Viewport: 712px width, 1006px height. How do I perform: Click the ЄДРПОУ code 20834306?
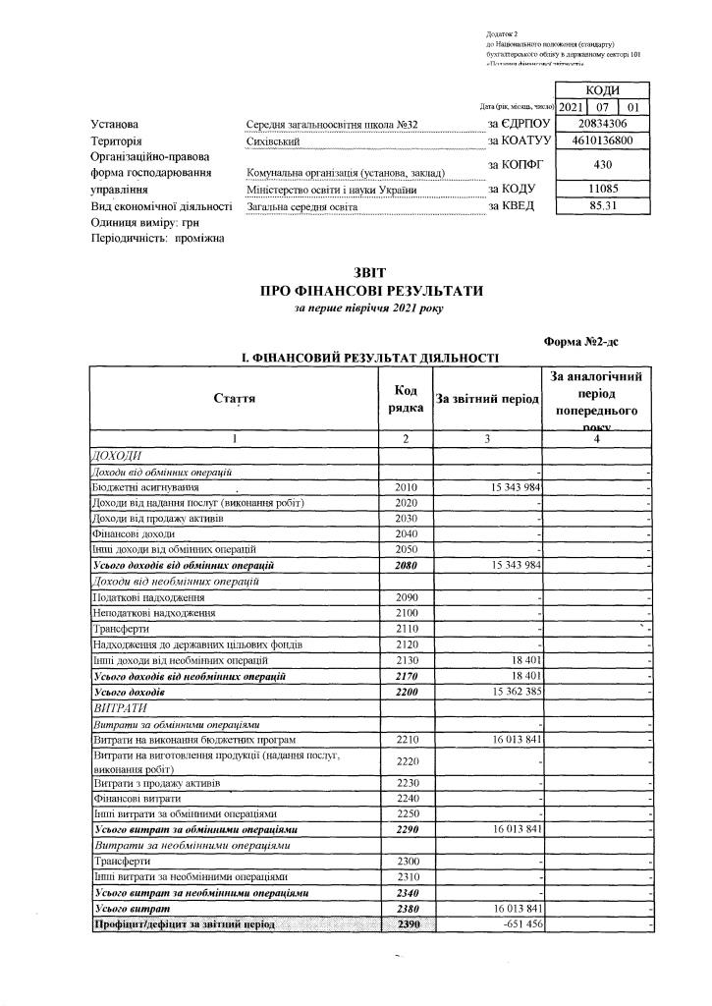click(x=603, y=124)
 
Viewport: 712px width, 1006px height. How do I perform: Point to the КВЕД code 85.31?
click(x=603, y=206)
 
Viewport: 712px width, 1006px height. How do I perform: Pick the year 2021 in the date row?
click(x=573, y=106)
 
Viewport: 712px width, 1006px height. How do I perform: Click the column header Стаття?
click(x=235, y=399)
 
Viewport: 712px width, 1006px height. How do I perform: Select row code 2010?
click(x=406, y=487)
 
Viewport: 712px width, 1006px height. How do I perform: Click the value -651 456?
click(x=515, y=925)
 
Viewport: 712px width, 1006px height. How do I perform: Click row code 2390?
click(x=406, y=925)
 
